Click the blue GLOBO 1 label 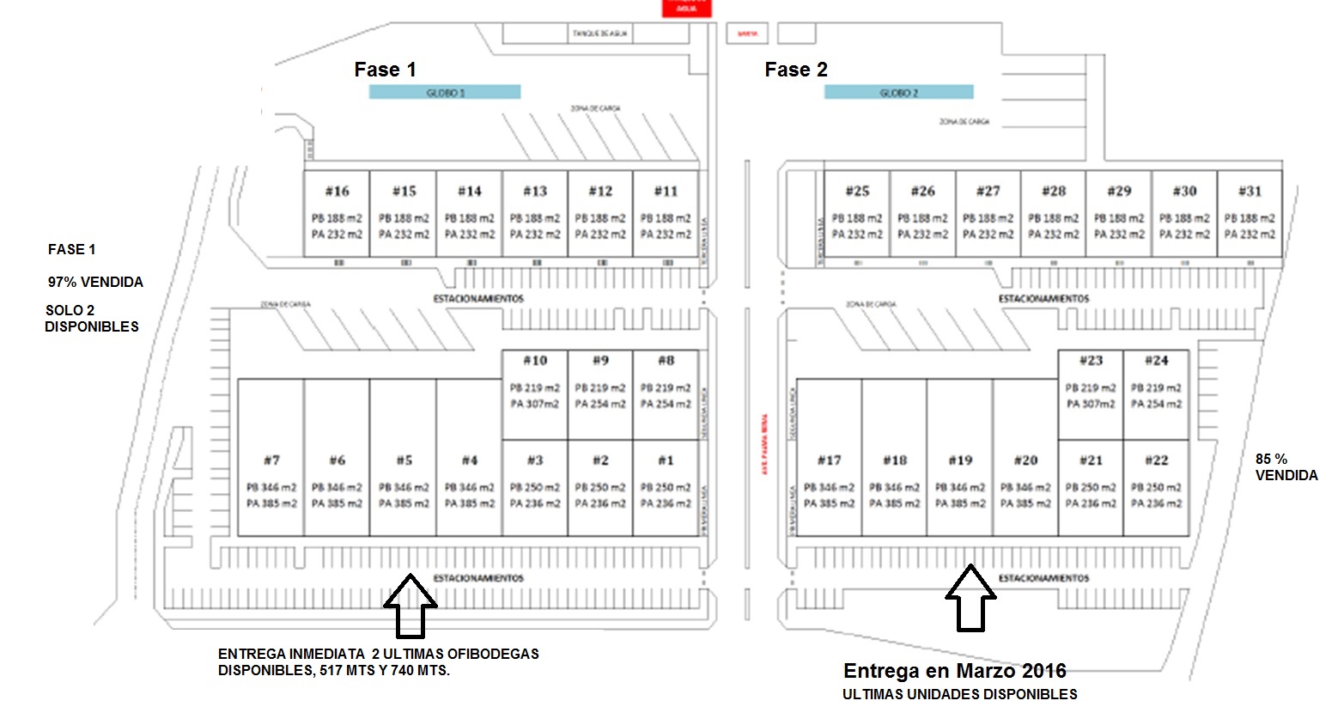(x=445, y=92)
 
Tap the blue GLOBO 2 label (x=898, y=92)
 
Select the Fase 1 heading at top (x=385, y=70)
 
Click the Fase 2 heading (x=796, y=70)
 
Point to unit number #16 (x=337, y=191)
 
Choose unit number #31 (x=1250, y=191)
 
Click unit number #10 (x=535, y=361)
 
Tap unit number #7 (x=271, y=460)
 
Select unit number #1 (x=666, y=460)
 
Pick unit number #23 (x=1091, y=361)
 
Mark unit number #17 (x=829, y=460)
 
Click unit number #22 (x=1156, y=460)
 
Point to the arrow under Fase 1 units (x=410, y=606)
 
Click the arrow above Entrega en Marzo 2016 (x=970, y=598)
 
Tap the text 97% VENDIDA (x=95, y=282)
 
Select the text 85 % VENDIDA (x=1286, y=467)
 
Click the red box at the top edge (x=686, y=8)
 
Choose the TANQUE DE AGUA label (x=599, y=34)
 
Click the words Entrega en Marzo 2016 (x=954, y=671)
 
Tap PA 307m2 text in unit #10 (x=535, y=404)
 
